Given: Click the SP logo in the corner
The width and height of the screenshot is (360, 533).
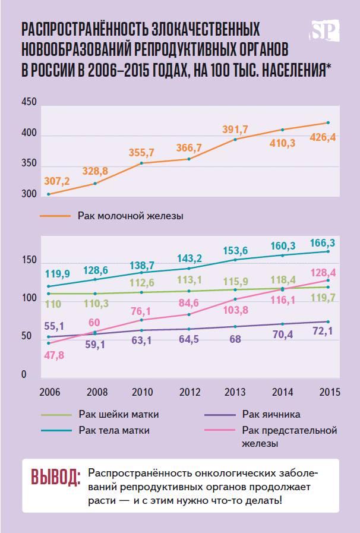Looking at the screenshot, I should click(325, 31).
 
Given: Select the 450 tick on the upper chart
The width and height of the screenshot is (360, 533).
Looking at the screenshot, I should click(29, 102).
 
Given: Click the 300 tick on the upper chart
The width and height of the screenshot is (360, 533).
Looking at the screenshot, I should click(29, 194).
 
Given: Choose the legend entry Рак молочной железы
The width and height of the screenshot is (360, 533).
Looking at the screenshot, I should click(130, 216).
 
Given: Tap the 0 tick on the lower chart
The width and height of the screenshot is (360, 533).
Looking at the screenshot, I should click(25, 376).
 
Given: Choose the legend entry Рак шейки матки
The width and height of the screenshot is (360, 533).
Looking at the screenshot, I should click(118, 414).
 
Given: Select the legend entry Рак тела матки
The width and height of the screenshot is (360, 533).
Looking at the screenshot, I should click(113, 430).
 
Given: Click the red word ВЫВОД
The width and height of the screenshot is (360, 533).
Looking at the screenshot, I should click(55, 478).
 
